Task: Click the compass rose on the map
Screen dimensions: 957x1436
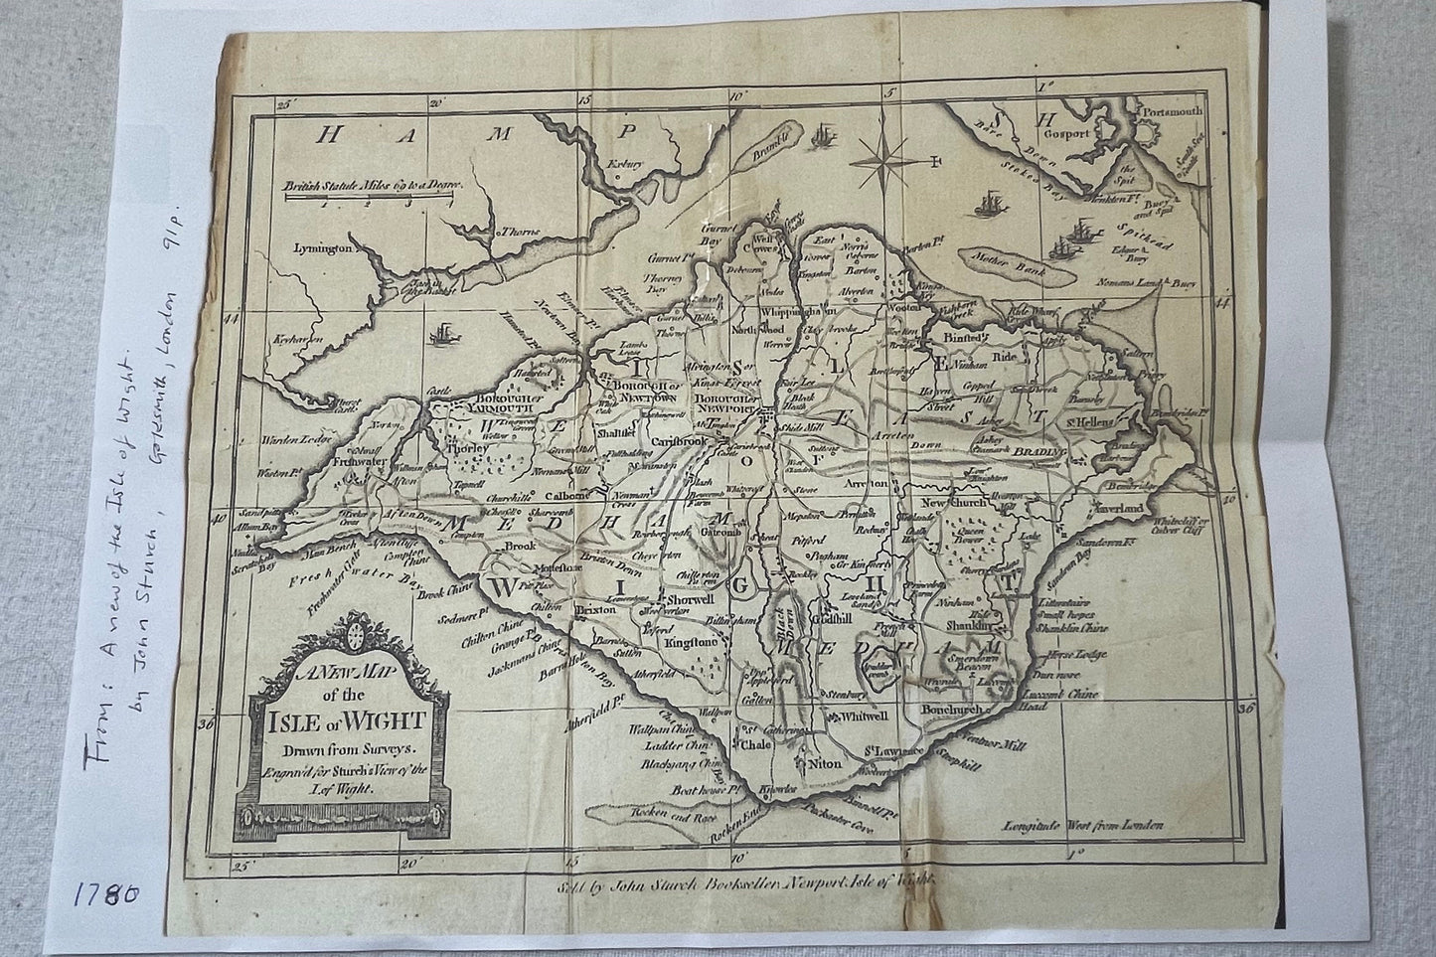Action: tap(888, 154)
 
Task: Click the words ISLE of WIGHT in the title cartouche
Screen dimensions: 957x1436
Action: tap(339, 720)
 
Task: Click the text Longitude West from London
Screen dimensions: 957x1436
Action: tap(1083, 825)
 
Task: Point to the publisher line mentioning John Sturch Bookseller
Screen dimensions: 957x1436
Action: tap(741, 878)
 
